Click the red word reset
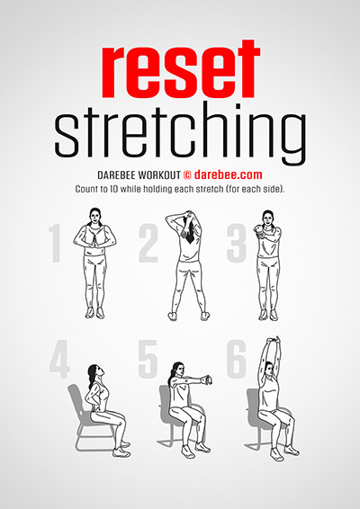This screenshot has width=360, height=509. pyautogui.click(x=181, y=69)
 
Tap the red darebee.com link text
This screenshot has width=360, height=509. pyautogui.click(x=228, y=175)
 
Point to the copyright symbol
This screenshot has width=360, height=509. pyautogui.click(x=187, y=175)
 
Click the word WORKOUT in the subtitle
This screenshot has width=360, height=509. pyautogui.click(x=159, y=175)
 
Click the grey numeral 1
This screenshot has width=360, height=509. pyautogui.click(x=56, y=243)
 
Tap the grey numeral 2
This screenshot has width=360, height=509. pyautogui.click(x=148, y=243)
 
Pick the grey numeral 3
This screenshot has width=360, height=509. pyautogui.click(x=237, y=243)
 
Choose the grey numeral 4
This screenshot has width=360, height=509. pyautogui.click(x=59, y=359)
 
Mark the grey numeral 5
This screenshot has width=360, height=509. pyautogui.click(x=148, y=359)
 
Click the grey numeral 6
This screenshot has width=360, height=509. pyautogui.click(x=237, y=359)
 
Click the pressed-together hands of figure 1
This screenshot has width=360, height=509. pyautogui.click(x=94, y=242)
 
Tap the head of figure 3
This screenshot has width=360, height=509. pyautogui.click(x=267, y=219)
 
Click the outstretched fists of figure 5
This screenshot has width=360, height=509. pyautogui.click(x=206, y=380)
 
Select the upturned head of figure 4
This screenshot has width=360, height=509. pyautogui.click(x=97, y=372)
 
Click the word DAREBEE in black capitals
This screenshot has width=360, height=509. pyautogui.click(x=116, y=175)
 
